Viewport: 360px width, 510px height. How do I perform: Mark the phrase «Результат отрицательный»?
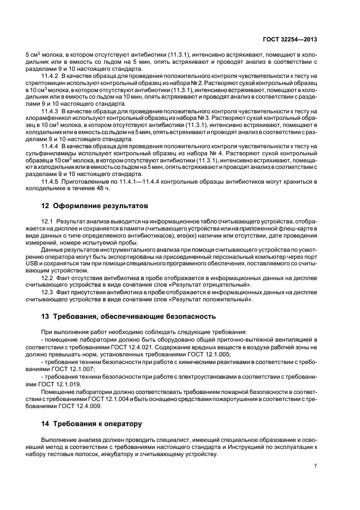click(x=212, y=285)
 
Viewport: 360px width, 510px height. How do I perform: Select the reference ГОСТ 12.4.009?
click(x=81, y=405)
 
